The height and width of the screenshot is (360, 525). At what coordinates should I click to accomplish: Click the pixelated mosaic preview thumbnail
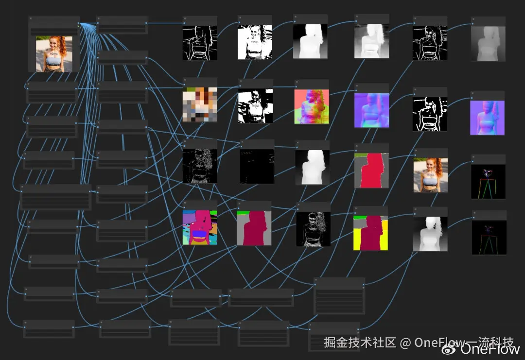click(199, 104)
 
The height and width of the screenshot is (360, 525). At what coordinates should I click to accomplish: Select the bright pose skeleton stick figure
click(488, 182)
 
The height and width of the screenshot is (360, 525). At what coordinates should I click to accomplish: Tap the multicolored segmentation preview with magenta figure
click(199, 227)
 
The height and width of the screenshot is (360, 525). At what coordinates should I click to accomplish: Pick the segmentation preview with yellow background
click(371, 233)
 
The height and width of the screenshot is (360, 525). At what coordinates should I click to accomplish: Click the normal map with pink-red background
click(312, 106)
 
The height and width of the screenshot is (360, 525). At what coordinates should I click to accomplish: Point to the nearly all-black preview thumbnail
click(257, 166)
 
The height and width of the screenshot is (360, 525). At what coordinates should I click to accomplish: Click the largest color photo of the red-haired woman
click(54, 53)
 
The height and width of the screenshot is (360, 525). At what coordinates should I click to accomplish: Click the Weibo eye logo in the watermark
click(449, 348)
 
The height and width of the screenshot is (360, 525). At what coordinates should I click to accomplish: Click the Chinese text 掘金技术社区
click(360, 343)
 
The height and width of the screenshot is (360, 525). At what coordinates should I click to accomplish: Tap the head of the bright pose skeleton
click(488, 172)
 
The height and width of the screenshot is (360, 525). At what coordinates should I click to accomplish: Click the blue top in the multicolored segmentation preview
click(199, 235)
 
